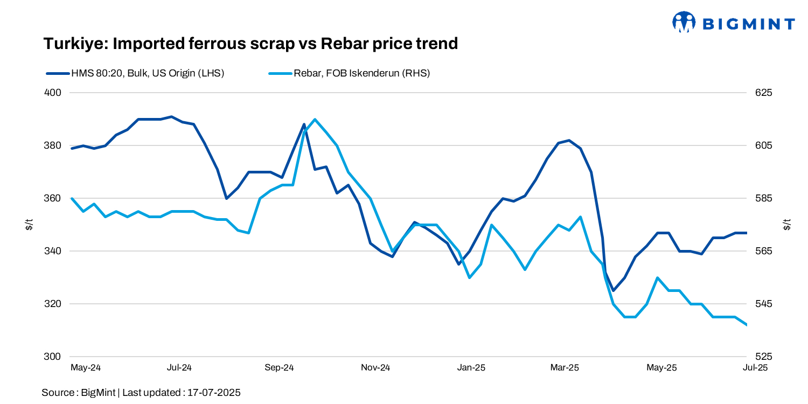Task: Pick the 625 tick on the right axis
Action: (763, 93)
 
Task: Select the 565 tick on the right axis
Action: (763, 251)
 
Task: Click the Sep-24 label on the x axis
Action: (279, 368)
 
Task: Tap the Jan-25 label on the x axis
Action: (471, 368)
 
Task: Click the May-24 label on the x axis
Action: (86, 368)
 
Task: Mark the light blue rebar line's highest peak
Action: (315, 119)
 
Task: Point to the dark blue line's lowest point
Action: (614, 290)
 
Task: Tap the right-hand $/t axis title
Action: (788, 225)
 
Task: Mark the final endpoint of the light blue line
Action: (747, 325)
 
